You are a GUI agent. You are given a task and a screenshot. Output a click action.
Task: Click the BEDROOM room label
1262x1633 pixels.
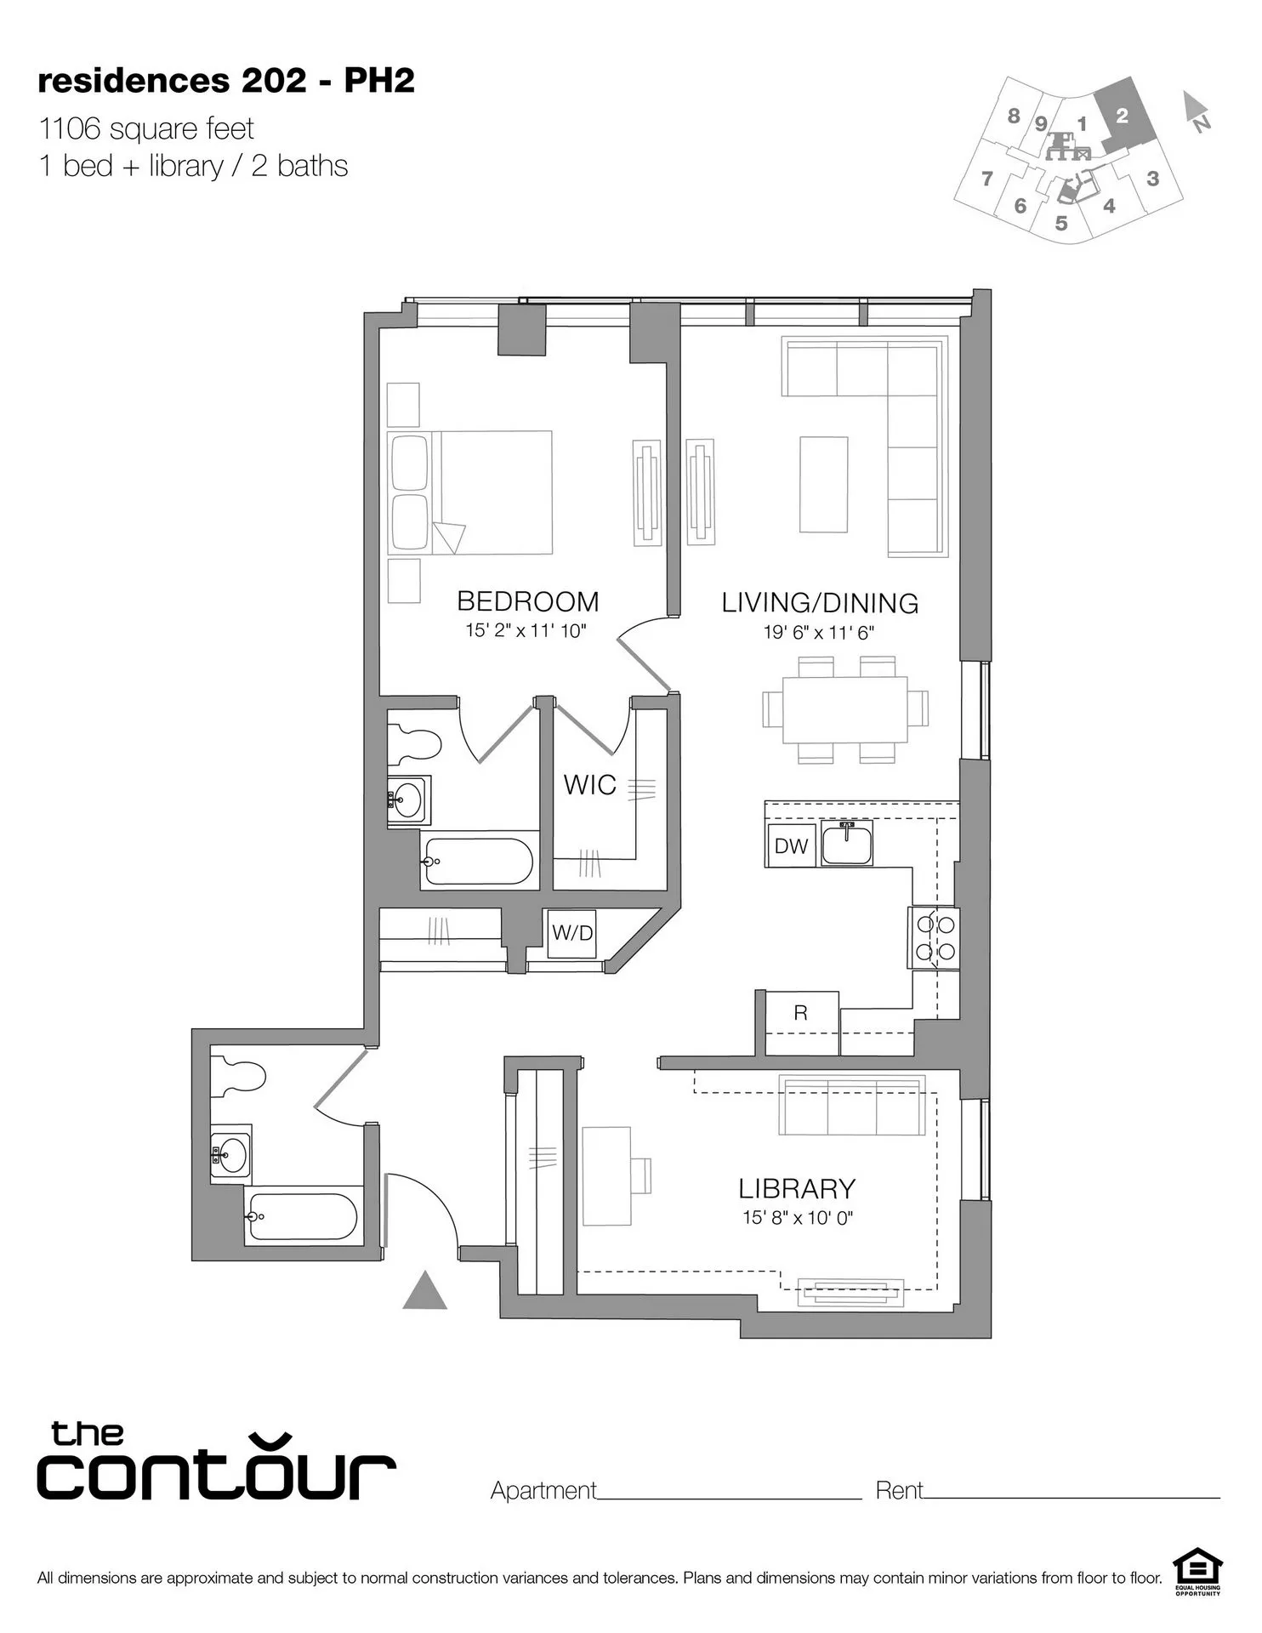[528, 601]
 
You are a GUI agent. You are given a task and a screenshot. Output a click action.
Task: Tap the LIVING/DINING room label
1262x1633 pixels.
[820, 603]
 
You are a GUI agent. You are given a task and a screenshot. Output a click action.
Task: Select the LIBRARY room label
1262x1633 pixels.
[797, 1188]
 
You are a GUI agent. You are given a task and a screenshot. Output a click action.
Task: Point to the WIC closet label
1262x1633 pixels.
[590, 785]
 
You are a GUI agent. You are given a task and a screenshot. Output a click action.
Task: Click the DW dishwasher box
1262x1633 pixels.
[791, 845]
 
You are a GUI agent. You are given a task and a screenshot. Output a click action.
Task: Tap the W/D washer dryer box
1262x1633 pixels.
[572, 933]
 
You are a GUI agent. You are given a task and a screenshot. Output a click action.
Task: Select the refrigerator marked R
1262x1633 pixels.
[800, 1013]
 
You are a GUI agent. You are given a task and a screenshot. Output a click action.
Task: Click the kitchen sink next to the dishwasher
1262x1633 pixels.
[846, 844]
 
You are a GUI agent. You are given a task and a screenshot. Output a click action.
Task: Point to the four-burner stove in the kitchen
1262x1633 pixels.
[935, 937]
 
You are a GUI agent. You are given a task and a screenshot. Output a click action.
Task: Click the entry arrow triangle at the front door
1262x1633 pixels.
[424, 1293]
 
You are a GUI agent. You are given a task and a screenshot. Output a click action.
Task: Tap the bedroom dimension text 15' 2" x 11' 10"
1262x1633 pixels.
[526, 631]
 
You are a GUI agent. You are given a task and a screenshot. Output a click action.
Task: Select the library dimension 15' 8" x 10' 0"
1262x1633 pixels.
[797, 1218]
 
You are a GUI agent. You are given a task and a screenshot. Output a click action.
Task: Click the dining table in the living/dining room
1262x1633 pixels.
[845, 709]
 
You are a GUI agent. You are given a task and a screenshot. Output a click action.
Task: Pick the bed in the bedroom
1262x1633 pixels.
[470, 492]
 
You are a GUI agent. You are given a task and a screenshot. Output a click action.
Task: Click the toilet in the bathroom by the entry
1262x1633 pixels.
[239, 1075]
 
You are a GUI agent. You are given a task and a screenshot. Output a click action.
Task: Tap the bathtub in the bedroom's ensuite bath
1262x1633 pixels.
[478, 861]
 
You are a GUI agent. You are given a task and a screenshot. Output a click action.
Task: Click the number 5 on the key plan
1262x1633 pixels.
[1061, 224]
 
